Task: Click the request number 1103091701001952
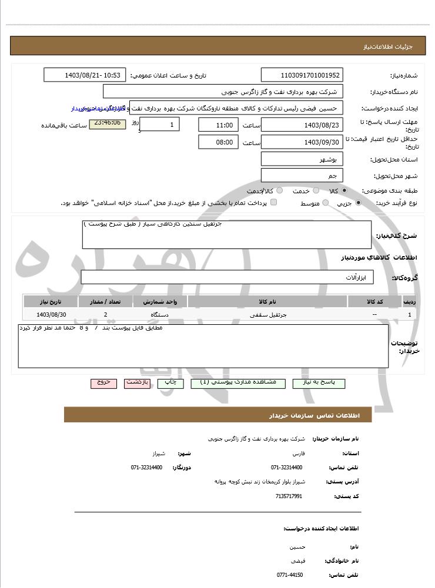(x=302, y=75)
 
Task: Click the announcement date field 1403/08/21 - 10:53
(x=85, y=75)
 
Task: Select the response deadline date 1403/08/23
(x=302, y=125)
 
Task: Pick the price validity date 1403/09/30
(x=302, y=142)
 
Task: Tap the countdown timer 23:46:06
(x=107, y=123)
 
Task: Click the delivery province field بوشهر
(x=302, y=159)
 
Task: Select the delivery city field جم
(x=302, y=176)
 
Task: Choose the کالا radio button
(x=344, y=191)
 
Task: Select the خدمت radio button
(x=316, y=191)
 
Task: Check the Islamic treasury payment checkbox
(x=273, y=203)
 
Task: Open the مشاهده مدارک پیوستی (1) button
(x=237, y=383)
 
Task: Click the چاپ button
(x=170, y=383)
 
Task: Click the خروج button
(x=103, y=383)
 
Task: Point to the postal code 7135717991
(x=289, y=496)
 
